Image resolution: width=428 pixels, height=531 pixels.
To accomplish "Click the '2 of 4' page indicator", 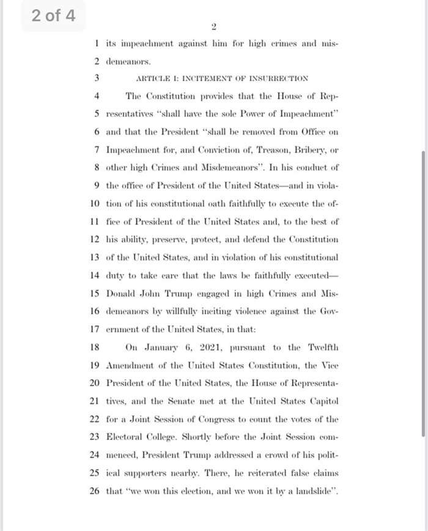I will [x=53, y=16].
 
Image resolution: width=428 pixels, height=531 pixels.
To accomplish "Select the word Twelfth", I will [x=321, y=347].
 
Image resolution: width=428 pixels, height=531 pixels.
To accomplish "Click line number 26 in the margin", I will [x=94, y=491].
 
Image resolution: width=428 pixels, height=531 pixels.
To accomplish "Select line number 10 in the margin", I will [x=94, y=203].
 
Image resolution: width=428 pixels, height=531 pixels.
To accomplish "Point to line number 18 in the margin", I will [x=94, y=347].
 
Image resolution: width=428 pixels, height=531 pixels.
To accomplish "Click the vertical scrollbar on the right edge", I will [x=423, y=294].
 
